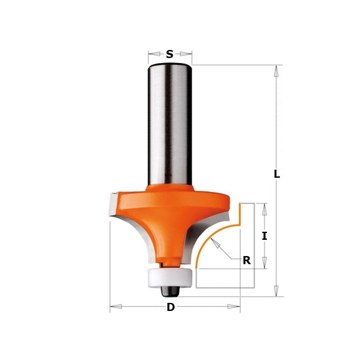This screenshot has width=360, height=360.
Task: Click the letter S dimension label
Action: tap(170, 54)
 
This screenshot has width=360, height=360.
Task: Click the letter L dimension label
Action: tap(277, 174)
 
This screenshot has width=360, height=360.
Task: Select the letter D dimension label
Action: tap(171, 307)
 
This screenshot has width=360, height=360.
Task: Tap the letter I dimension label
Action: tap(265, 236)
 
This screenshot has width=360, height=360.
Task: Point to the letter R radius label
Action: tap(246, 260)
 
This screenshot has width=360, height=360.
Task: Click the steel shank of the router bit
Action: tap(170, 121)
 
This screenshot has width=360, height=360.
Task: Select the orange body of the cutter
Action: tap(169, 211)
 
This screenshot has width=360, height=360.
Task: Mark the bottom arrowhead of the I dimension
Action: tap(265, 263)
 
